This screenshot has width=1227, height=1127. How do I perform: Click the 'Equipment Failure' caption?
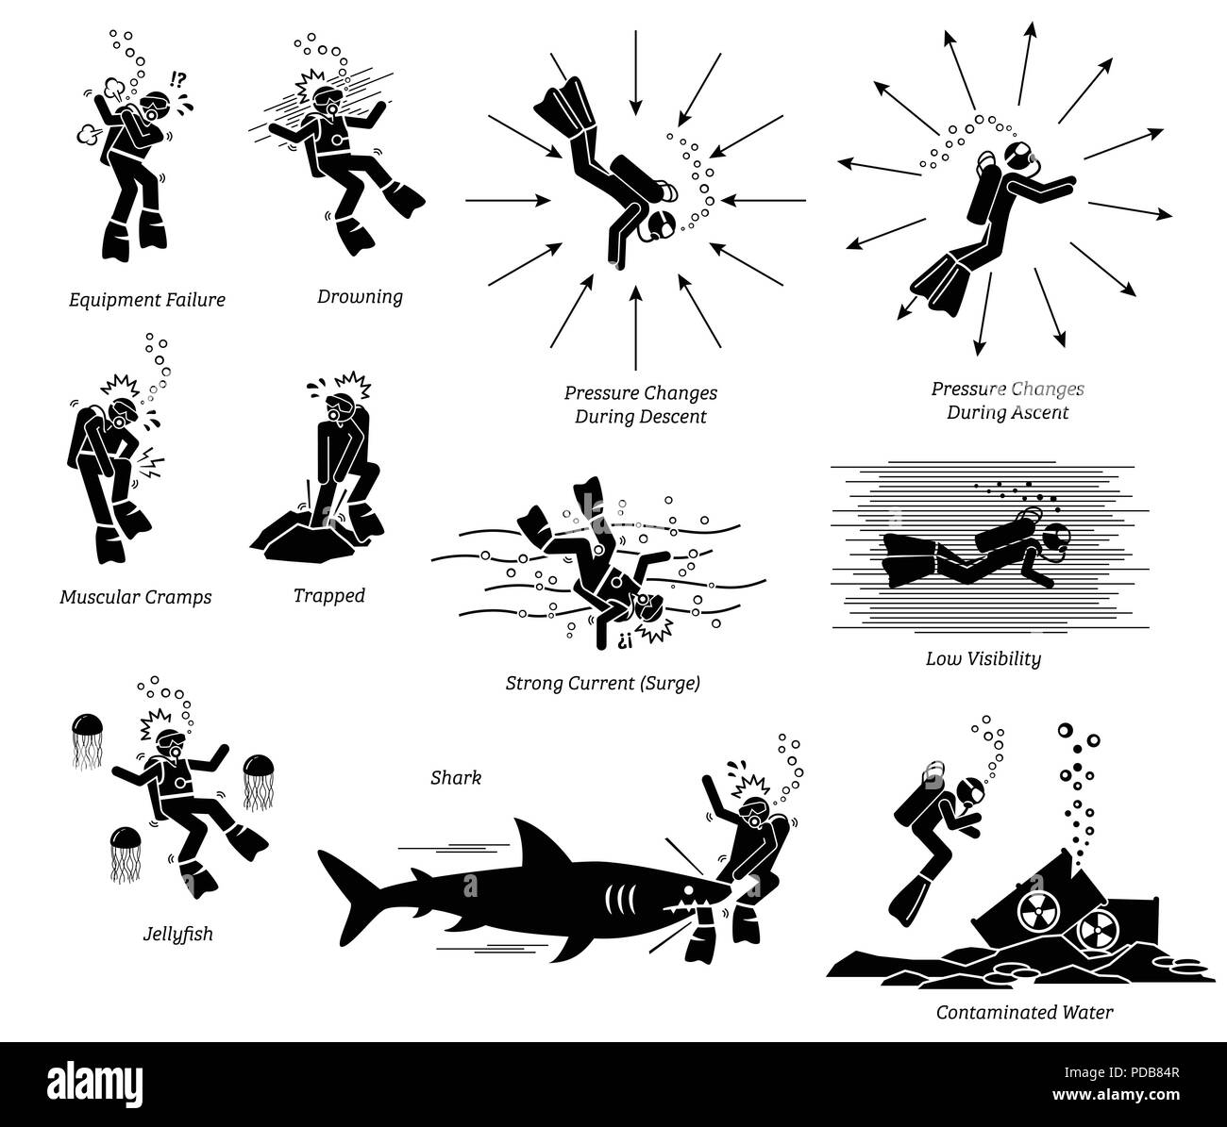pyautogui.click(x=147, y=300)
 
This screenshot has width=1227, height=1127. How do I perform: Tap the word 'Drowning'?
pyautogui.click(x=360, y=297)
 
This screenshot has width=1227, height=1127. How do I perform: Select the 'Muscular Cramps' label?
pyautogui.click(x=136, y=597)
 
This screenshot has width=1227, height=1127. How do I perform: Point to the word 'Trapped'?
pyautogui.click(x=329, y=596)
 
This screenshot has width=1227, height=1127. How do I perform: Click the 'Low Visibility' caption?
pyautogui.click(x=983, y=659)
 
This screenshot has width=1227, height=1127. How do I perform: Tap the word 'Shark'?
pyautogui.click(x=456, y=778)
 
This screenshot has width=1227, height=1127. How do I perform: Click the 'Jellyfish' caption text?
pyautogui.click(x=178, y=935)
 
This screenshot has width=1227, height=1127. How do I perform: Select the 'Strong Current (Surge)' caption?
pyautogui.click(x=602, y=683)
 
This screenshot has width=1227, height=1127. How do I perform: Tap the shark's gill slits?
pyautogui.click(x=619, y=899)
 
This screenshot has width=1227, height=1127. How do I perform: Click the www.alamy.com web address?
pyautogui.click(x=1116, y=1094)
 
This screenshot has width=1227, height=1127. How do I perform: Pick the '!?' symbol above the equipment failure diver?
pyautogui.click(x=178, y=79)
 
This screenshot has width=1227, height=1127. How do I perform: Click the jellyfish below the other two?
pyautogui.click(x=126, y=854)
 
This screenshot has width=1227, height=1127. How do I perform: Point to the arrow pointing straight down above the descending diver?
pyautogui.click(x=636, y=73)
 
